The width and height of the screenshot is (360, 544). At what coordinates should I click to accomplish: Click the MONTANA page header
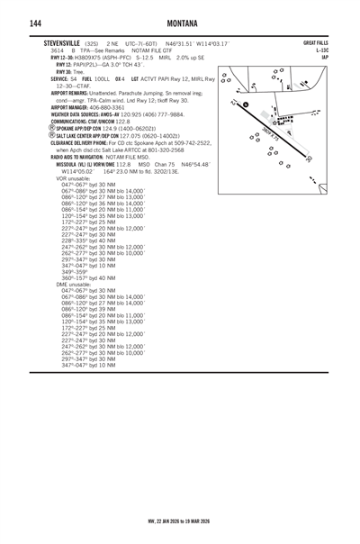[180, 22]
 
